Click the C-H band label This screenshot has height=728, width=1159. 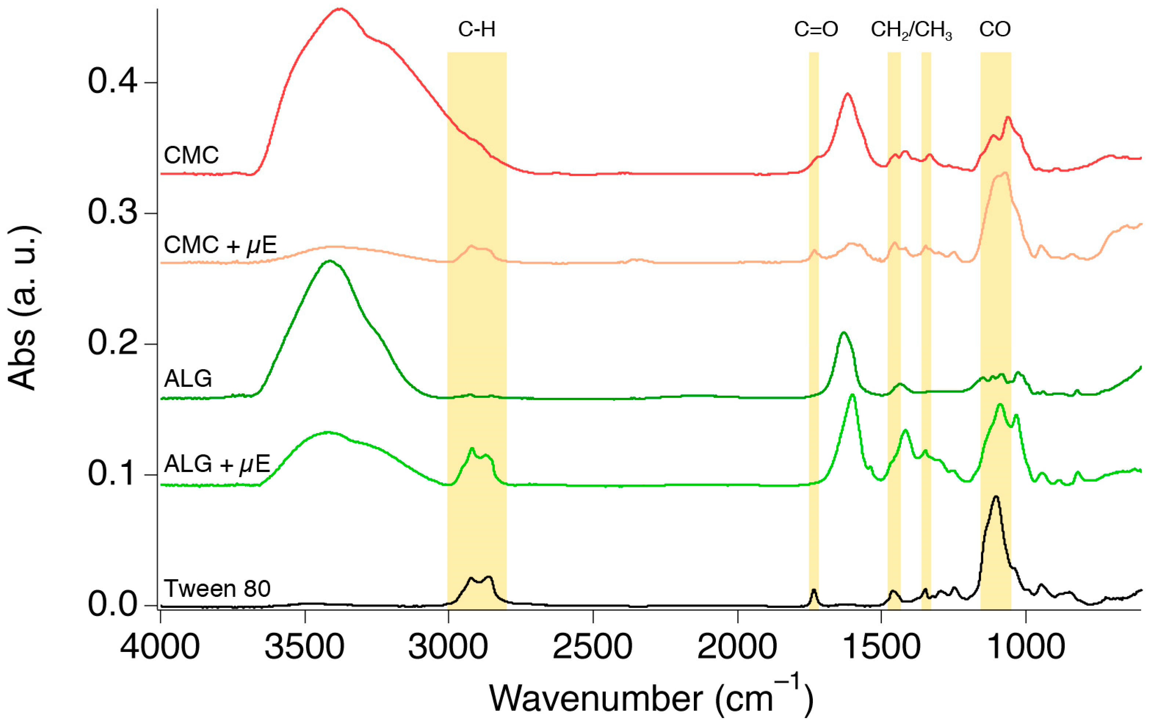click(x=476, y=30)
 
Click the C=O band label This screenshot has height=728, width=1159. click(x=816, y=30)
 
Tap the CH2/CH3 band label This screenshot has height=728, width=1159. click(x=911, y=31)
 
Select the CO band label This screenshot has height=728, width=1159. click(x=995, y=30)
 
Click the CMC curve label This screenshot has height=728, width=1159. click(x=191, y=155)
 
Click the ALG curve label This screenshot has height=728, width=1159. click(x=188, y=379)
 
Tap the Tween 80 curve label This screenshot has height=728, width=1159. click(x=217, y=588)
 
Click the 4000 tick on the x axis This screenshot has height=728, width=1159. click(x=160, y=648)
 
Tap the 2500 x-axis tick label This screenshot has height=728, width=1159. click(x=593, y=648)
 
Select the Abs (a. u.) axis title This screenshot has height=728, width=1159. click(x=23, y=308)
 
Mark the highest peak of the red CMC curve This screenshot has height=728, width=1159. click(x=340, y=9)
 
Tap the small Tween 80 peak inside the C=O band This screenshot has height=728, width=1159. click(x=814, y=590)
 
